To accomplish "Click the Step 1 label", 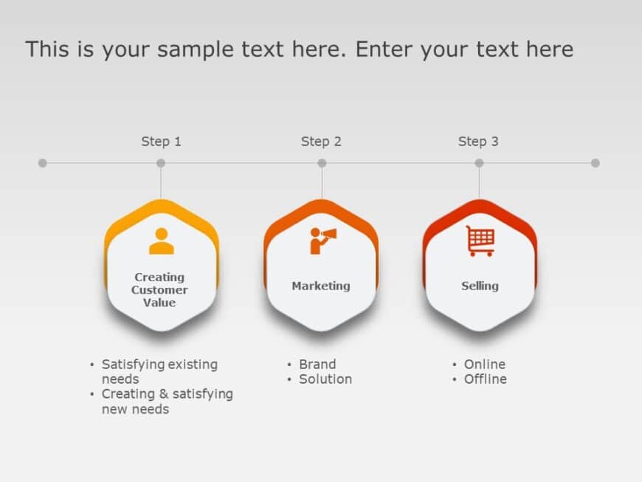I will pyautogui.click(x=161, y=141).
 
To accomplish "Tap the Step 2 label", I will pyautogui.click(x=321, y=141).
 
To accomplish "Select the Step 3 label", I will pyautogui.click(x=478, y=141).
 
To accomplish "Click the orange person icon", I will pyautogui.click(x=161, y=241).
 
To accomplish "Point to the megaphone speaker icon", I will pyautogui.click(x=322, y=240).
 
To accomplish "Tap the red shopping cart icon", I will pyautogui.click(x=480, y=241).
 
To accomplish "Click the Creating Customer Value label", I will pyautogui.click(x=159, y=290).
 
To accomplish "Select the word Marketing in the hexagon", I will pyautogui.click(x=321, y=286).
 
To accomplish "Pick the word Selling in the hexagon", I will pyautogui.click(x=480, y=286).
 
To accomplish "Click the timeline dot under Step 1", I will pyautogui.click(x=161, y=163).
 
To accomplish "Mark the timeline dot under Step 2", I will pyautogui.click(x=322, y=163).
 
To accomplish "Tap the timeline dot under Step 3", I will pyautogui.click(x=479, y=163).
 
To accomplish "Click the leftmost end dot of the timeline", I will pyautogui.click(x=42, y=163).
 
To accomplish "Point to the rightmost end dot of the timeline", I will pyautogui.click(x=596, y=163).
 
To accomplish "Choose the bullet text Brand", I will pyautogui.click(x=317, y=364).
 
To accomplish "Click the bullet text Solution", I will pyautogui.click(x=325, y=379).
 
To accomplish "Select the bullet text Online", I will pyautogui.click(x=485, y=364).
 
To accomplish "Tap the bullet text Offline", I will pyautogui.click(x=486, y=379).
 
